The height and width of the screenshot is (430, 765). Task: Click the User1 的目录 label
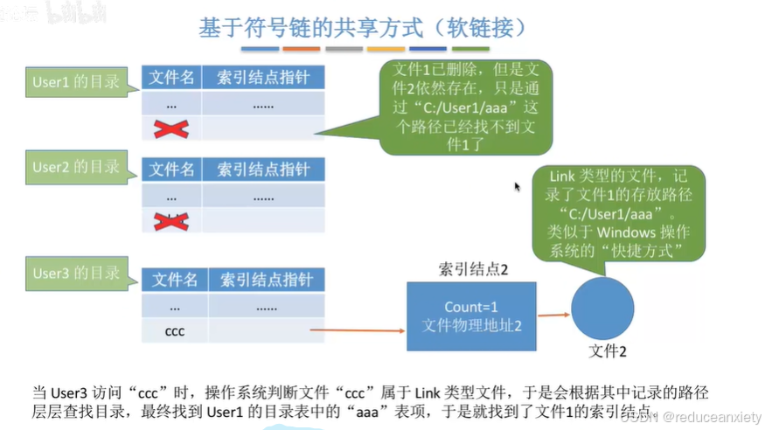point(76,82)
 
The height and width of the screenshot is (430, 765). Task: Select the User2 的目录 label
point(76,166)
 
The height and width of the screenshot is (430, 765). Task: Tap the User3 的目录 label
point(76,274)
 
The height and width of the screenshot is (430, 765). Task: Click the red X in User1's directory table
point(170,129)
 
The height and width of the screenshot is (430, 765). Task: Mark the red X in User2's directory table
point(170,220)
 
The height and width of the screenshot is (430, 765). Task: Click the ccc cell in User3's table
point(175,331)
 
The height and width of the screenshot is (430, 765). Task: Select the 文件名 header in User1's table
point(171,77)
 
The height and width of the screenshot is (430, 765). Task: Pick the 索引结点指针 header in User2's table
point(263,169)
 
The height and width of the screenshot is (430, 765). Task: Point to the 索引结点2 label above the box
point(473,270)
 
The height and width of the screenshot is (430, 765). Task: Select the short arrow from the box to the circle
point(554,315)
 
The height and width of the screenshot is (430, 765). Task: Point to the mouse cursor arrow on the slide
point(517,186)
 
